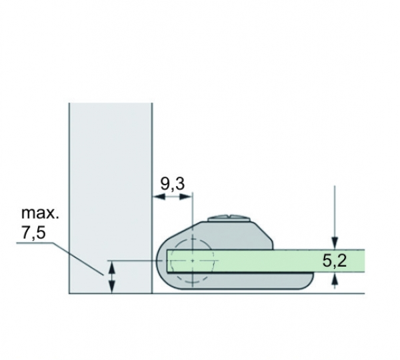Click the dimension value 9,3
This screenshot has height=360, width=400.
pyautogui.click(x=173, y=184)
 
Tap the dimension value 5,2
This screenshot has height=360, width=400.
pyautogui.click(x=335, y=261)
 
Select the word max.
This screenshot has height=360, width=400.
pyautogui.click(x=40, y=213)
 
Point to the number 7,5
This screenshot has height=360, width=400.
pyautogui.click(x=33, y=233)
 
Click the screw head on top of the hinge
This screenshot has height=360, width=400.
pyautogui.click(x=229, y=219)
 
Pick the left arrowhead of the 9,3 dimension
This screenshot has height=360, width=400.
pyautogui.click(x=158, y=197)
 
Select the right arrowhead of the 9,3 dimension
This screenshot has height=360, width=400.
pyautogui.click(x=185, y=197)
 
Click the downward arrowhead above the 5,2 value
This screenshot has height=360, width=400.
pyautogui.click(x=335, y=243)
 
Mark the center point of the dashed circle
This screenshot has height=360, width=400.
pyautogui.click(x=193, y=261)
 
